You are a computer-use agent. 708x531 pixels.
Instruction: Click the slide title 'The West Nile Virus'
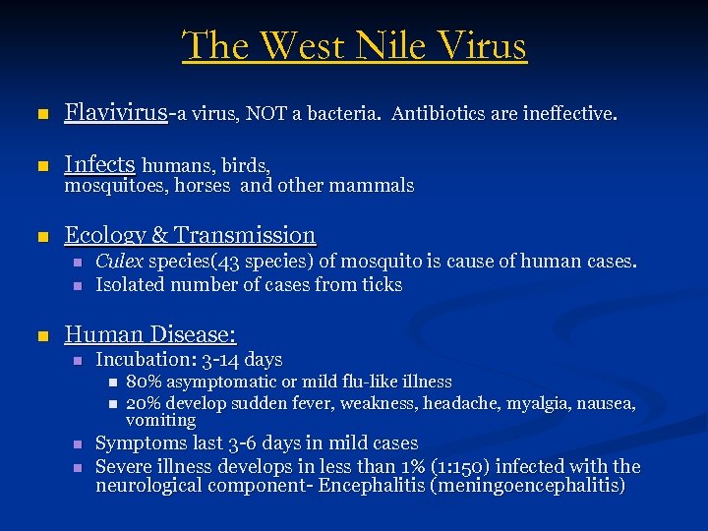click(x=354, y=46)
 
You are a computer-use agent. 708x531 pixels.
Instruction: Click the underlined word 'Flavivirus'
click(x=115, y=114)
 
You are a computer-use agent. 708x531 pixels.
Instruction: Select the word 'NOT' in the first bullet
click(x=266, y=114)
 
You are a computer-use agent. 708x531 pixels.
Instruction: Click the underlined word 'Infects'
click(x=99, y=164)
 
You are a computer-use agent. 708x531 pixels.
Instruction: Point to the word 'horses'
click(x=205, y=186)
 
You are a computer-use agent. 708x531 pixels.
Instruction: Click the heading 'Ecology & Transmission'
click(x=190, y=235)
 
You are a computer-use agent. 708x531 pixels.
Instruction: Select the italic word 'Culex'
click(x=119, y=263)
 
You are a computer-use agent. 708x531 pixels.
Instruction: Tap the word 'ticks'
click(x=383, y=285)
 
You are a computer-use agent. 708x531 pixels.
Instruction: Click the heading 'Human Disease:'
click(x=150, y=334)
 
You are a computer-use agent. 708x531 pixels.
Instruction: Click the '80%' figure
click(x=145, y=383)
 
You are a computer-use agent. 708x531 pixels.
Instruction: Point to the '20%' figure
click(x=145, y=403)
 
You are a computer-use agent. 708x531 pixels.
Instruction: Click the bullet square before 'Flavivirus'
click(x=40, y=115)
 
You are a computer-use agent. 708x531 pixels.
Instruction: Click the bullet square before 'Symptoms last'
click(x=79, y=444)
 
